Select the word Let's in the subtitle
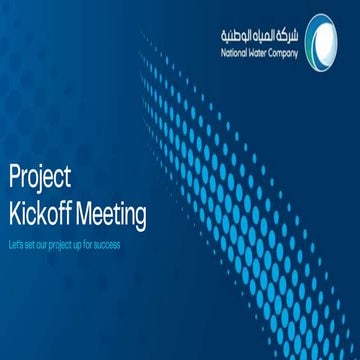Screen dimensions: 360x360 point(15,243)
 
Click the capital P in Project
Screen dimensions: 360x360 point(14,178)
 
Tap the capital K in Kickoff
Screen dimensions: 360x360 point(14,212)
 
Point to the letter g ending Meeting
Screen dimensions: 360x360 point(141,216)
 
